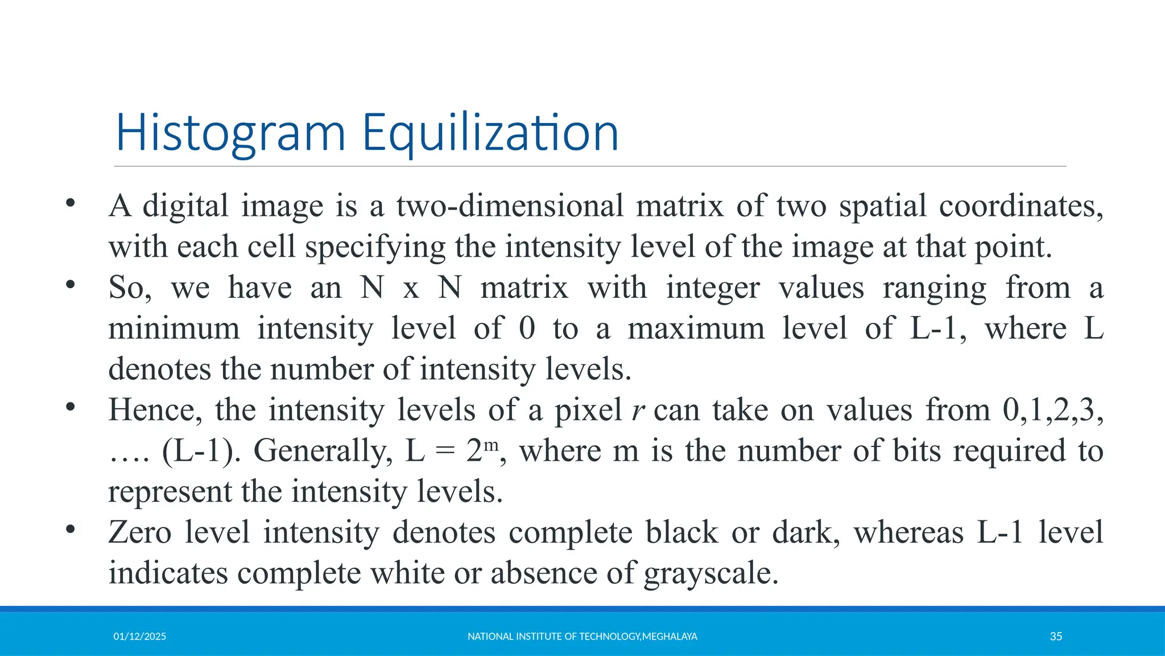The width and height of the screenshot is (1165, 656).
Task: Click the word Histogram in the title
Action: pos(230,133)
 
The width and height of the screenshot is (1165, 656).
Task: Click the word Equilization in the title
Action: pos(490,133)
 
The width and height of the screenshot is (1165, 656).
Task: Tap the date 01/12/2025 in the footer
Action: pos(139,637)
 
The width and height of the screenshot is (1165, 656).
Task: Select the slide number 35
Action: pos(1056,637)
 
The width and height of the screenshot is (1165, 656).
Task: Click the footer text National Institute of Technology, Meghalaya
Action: pos(582,637)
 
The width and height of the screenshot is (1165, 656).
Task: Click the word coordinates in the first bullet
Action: pos(1021,206)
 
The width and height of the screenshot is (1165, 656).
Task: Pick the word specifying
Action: pos(375,247)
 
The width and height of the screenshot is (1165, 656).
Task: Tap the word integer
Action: pos(713,288)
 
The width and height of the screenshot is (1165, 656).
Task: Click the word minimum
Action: pos(174,329)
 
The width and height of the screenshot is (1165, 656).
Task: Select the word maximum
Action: pos(696,329)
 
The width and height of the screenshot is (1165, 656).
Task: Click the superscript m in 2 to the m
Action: pos(491,443)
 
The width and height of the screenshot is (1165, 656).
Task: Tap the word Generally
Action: pos(323,451)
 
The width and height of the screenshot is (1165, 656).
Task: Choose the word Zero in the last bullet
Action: pos(140,532)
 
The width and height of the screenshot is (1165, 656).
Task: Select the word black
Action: pos(681,532)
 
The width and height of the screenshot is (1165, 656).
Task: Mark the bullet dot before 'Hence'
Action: pos(70,407)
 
